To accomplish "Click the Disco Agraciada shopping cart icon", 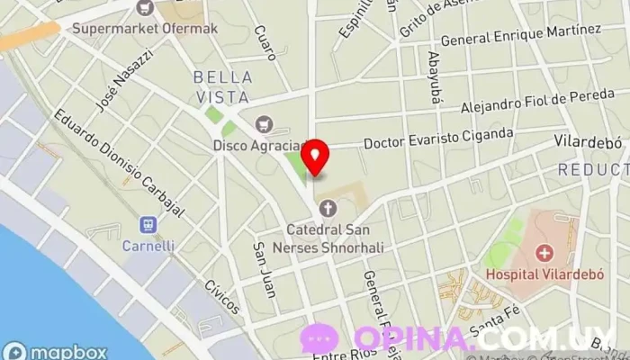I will pos(264,124).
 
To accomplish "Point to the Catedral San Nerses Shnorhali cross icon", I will pos(328,208).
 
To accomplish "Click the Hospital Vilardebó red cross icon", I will pos(543,254).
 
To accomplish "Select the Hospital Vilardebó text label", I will pos(543,274).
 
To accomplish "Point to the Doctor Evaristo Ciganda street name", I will pos(438,139).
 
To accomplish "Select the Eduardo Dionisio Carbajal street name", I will pos(118,163).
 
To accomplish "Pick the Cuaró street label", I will pos(265,42).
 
